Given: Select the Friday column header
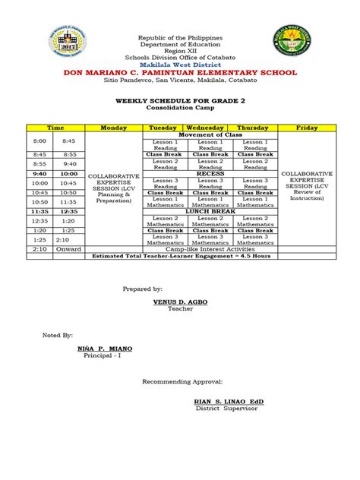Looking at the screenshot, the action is click(307, 128).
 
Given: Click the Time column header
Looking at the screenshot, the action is click(55, 128).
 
